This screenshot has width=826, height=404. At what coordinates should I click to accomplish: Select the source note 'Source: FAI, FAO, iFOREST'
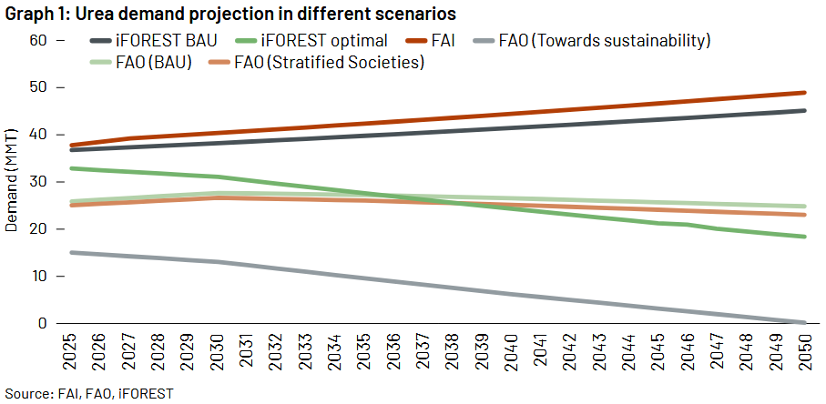click(x=87, y=393)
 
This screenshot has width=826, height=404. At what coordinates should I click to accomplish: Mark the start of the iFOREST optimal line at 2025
click(x=71, y=168)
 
